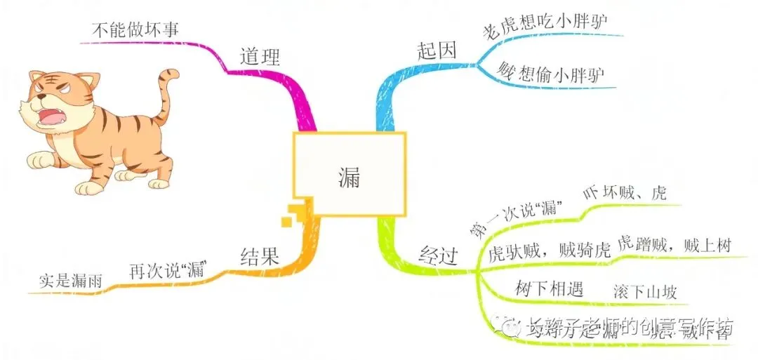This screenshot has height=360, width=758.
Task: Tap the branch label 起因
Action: tap(436, 51)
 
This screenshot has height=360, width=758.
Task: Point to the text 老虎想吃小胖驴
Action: tap(545, 27)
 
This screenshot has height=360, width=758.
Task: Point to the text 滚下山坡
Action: tap(644, 291)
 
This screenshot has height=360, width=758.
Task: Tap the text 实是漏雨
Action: tap(70, 281)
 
